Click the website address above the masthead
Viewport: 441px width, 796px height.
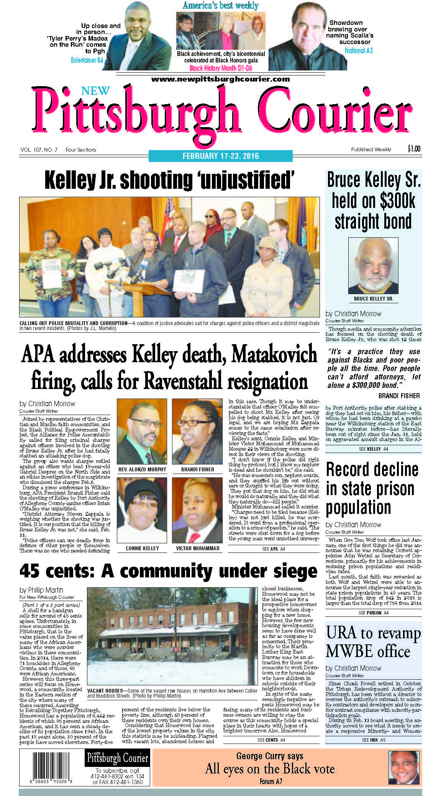[220, 79]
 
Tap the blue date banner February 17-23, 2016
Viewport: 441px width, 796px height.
[220, 156]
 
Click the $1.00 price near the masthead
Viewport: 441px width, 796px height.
[414, 149]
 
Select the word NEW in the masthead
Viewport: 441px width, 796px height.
[95, 91]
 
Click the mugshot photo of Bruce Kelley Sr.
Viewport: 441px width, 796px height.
[373, 265]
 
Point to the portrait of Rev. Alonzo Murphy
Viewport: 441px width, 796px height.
[142, 432]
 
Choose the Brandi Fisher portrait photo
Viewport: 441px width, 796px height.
[197, 432]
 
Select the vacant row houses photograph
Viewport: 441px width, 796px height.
[172, 636]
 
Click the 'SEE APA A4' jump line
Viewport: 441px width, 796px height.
[274, 549]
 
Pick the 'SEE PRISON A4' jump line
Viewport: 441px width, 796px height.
[373, 613]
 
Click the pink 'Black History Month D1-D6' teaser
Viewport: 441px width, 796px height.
[220, 68]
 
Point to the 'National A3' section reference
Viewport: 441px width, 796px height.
[358, 51]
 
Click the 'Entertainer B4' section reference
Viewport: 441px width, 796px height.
[87, 60]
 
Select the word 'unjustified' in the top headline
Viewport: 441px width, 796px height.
[248, 180]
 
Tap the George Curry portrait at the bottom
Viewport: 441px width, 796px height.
[404, 767]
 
